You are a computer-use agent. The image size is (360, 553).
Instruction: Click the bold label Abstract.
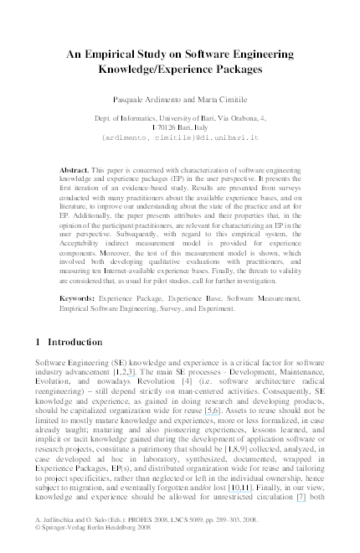[76, 169]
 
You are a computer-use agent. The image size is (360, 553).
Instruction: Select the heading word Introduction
[75, 343]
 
